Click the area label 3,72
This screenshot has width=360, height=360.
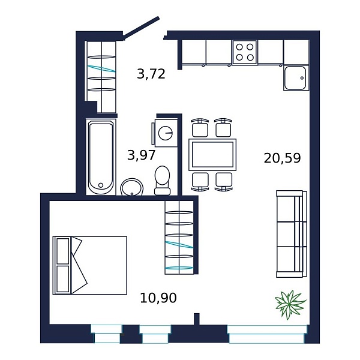151,74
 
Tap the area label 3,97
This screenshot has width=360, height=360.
142,155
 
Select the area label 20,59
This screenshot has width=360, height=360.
282,158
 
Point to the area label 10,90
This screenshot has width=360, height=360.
158,298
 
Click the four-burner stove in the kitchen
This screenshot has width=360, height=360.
245,52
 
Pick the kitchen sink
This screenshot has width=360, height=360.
296,78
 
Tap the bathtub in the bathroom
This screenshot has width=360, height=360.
101,157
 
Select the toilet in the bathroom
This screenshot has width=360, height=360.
163,181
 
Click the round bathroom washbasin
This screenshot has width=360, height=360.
132,187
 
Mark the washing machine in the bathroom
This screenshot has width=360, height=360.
165,133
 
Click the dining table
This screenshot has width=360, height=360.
212,155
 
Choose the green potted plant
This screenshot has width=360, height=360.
290,304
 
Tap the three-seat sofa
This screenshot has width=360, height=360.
292,234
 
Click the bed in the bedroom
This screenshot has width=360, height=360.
90,265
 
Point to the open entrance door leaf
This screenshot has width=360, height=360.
141,26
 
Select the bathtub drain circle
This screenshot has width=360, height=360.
101,185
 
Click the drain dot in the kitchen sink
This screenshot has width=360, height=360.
302,78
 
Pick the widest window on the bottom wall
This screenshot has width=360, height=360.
267,334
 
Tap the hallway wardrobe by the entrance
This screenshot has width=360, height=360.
101,77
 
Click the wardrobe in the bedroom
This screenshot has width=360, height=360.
179,238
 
